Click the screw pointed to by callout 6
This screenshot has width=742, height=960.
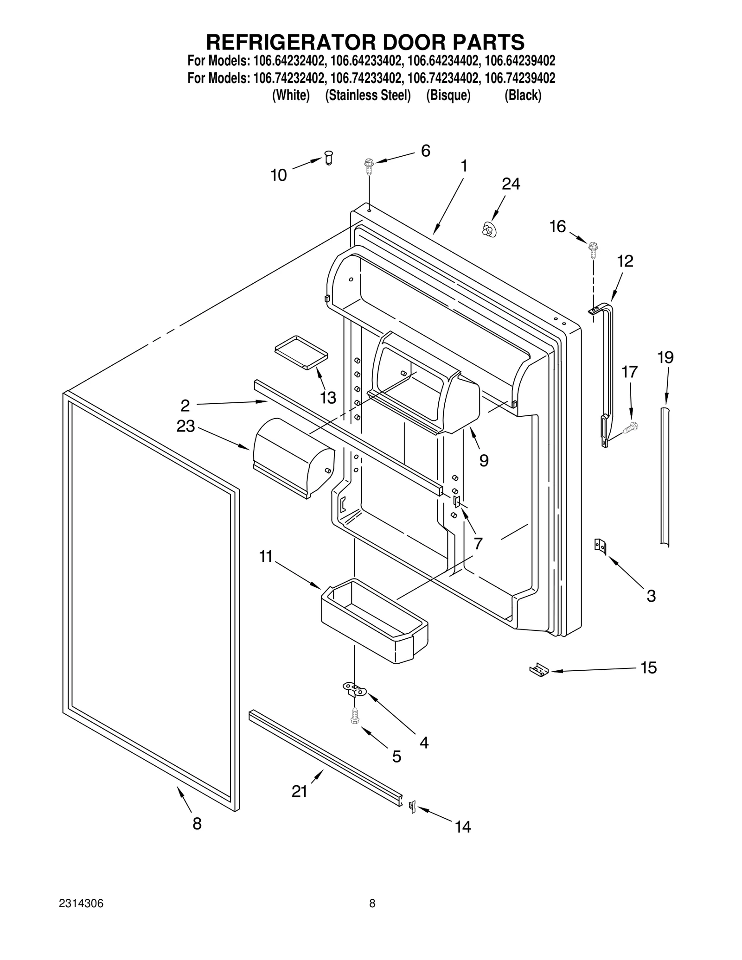(369, 165)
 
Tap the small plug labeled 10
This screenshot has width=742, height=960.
(329, 158)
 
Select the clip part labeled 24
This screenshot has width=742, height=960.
(487, 229)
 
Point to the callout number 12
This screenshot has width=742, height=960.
(625, 261)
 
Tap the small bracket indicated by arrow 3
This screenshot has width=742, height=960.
(600, 546)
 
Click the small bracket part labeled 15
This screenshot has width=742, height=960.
(539, 670)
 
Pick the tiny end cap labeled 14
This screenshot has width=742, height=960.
(411, 807)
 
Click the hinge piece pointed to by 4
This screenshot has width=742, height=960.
(354, 689)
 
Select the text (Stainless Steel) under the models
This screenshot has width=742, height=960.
(368, 95)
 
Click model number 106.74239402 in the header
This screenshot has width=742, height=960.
(519, 78)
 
